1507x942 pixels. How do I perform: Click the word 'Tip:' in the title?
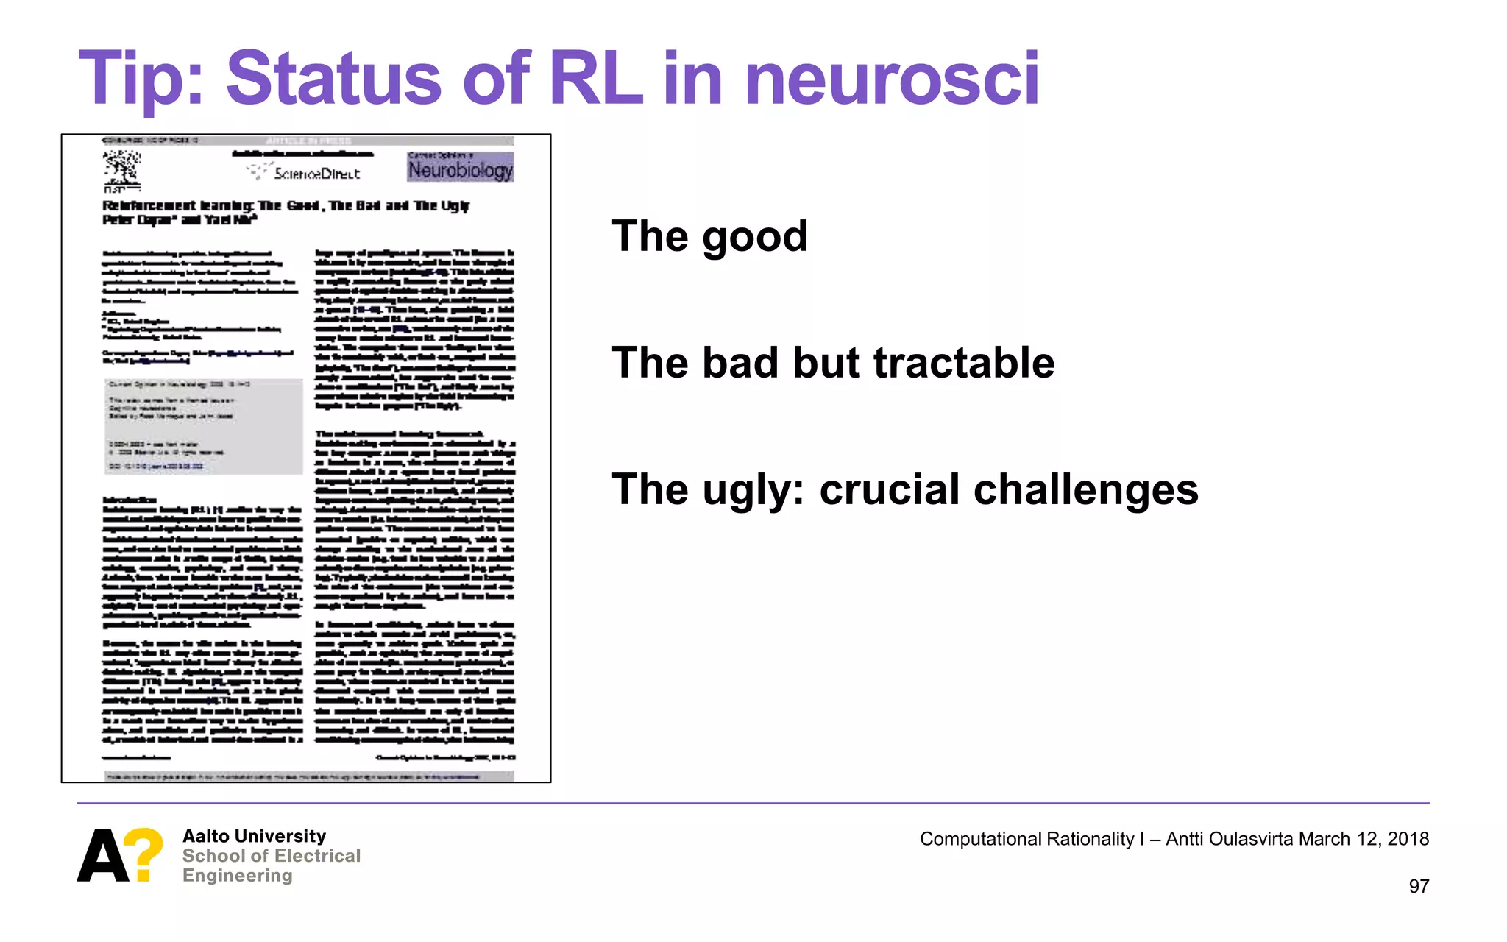click(140, 79)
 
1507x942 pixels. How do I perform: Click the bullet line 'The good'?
click(709, 236)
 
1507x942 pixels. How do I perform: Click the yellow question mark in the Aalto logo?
click(143, 854)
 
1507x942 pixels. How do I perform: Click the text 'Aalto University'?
click(254, 836)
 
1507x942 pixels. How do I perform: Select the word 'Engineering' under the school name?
click(237, 876)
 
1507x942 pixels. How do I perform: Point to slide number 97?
click(1418, 886)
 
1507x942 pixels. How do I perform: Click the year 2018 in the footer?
click(1408, 839)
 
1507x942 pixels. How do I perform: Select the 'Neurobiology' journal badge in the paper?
click(460, 167)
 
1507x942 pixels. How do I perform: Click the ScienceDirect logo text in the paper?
click(316, 173)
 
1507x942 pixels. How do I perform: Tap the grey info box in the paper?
click(203, 426)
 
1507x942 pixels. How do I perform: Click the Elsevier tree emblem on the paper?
click(121, 169)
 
